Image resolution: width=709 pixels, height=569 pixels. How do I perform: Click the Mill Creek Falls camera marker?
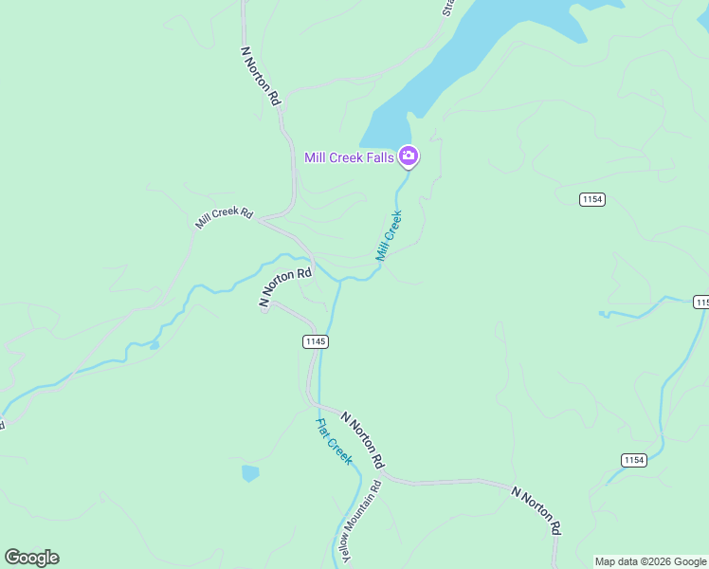coord(409,156)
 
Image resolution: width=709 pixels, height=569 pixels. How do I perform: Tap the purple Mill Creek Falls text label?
coord(349,157)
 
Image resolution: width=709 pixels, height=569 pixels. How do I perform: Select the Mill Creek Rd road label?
coord(225,218)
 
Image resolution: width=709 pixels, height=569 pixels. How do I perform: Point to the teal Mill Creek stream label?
coord(389,236)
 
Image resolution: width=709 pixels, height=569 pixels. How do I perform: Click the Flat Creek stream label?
coord(334,441)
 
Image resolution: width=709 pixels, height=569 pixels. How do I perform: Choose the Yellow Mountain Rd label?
coord(362,522)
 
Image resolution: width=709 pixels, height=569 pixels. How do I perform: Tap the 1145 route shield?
coord(316,341)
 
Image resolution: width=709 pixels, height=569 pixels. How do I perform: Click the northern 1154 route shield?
coord(593,199)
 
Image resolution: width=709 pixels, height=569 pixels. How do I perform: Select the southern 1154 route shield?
coord(634,460)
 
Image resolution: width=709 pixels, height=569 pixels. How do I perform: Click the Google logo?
coord(31,558)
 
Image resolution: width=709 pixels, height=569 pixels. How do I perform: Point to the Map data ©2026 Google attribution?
coord(650,561)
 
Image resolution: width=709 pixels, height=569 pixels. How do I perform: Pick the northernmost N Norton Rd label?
coord(262,76)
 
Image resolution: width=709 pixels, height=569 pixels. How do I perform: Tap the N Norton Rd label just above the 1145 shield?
coord(286,287)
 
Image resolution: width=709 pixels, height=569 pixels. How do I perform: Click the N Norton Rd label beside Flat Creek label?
coord(362,440)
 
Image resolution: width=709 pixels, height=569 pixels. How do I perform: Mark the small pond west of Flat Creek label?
coord(250,472)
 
